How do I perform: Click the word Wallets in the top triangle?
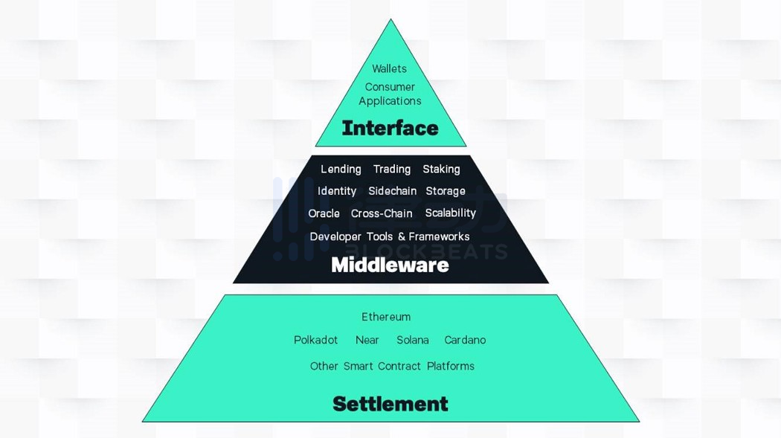click(x=389, y=68)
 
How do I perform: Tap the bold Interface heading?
click(x=390, y=129)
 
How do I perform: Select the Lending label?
click(x=341, y=170)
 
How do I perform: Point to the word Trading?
click(x=392, y=170)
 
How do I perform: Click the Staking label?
click(x=441, y=170)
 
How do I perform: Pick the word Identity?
click(x=337, y=191)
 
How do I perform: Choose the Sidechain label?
click(x=392, y=191)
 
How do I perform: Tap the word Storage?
click(x=446, y=191)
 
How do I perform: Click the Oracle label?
click(x=324, y=213)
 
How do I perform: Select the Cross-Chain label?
click(x=382, y=213)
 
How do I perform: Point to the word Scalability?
click(x=450, y=213)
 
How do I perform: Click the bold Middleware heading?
click(x=390, y=265)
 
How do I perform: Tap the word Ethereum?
click(x=386, y=317)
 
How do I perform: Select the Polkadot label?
click(x=316, y=340)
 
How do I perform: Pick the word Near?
click(x=367, y=340)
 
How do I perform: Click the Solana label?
click(x=412, y=340)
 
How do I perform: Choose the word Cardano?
click(x=465, y=340)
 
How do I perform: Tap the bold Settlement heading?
click(x=390, y=404)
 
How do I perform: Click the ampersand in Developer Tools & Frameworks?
click(x=402, y=237)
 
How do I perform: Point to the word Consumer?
click(x=390, y=87)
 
